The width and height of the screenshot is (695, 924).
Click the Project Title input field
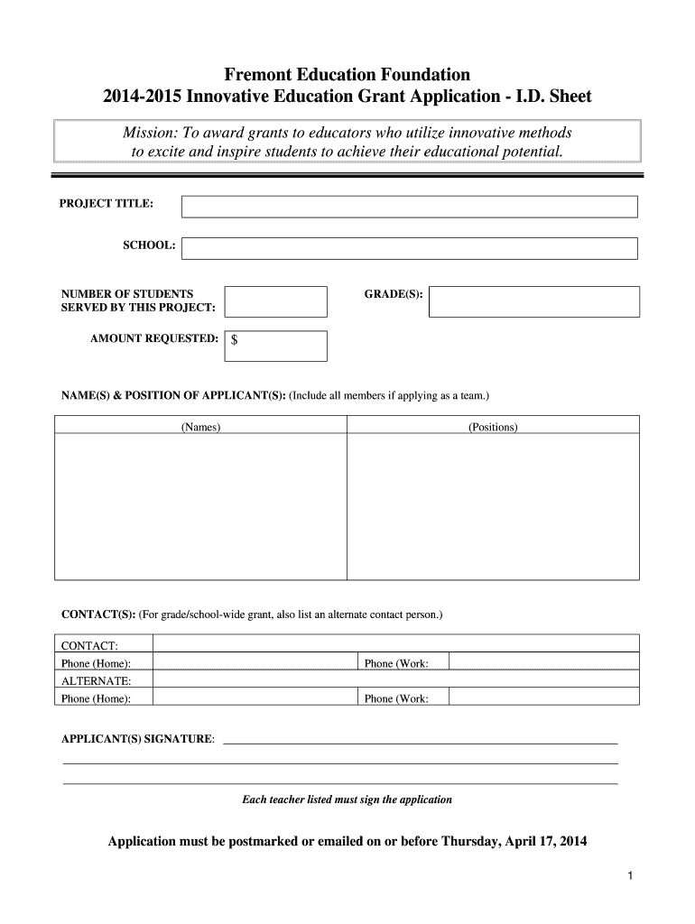coord(409,207)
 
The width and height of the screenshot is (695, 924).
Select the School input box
coord(409,248)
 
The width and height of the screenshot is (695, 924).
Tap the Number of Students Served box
coord(275,301)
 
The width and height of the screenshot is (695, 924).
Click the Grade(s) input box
coord(533,301)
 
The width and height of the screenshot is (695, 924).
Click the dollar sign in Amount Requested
coord(235,341)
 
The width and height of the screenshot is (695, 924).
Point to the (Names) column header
coord(200,427)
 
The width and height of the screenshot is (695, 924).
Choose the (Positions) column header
coord(493,427)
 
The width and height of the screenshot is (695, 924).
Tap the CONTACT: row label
coord(89,646)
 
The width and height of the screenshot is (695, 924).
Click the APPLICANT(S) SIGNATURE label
coord(138,739)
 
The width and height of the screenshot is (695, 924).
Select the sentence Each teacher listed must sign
coord(347,799)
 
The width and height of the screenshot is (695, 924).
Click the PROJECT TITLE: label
coord(107,204)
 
